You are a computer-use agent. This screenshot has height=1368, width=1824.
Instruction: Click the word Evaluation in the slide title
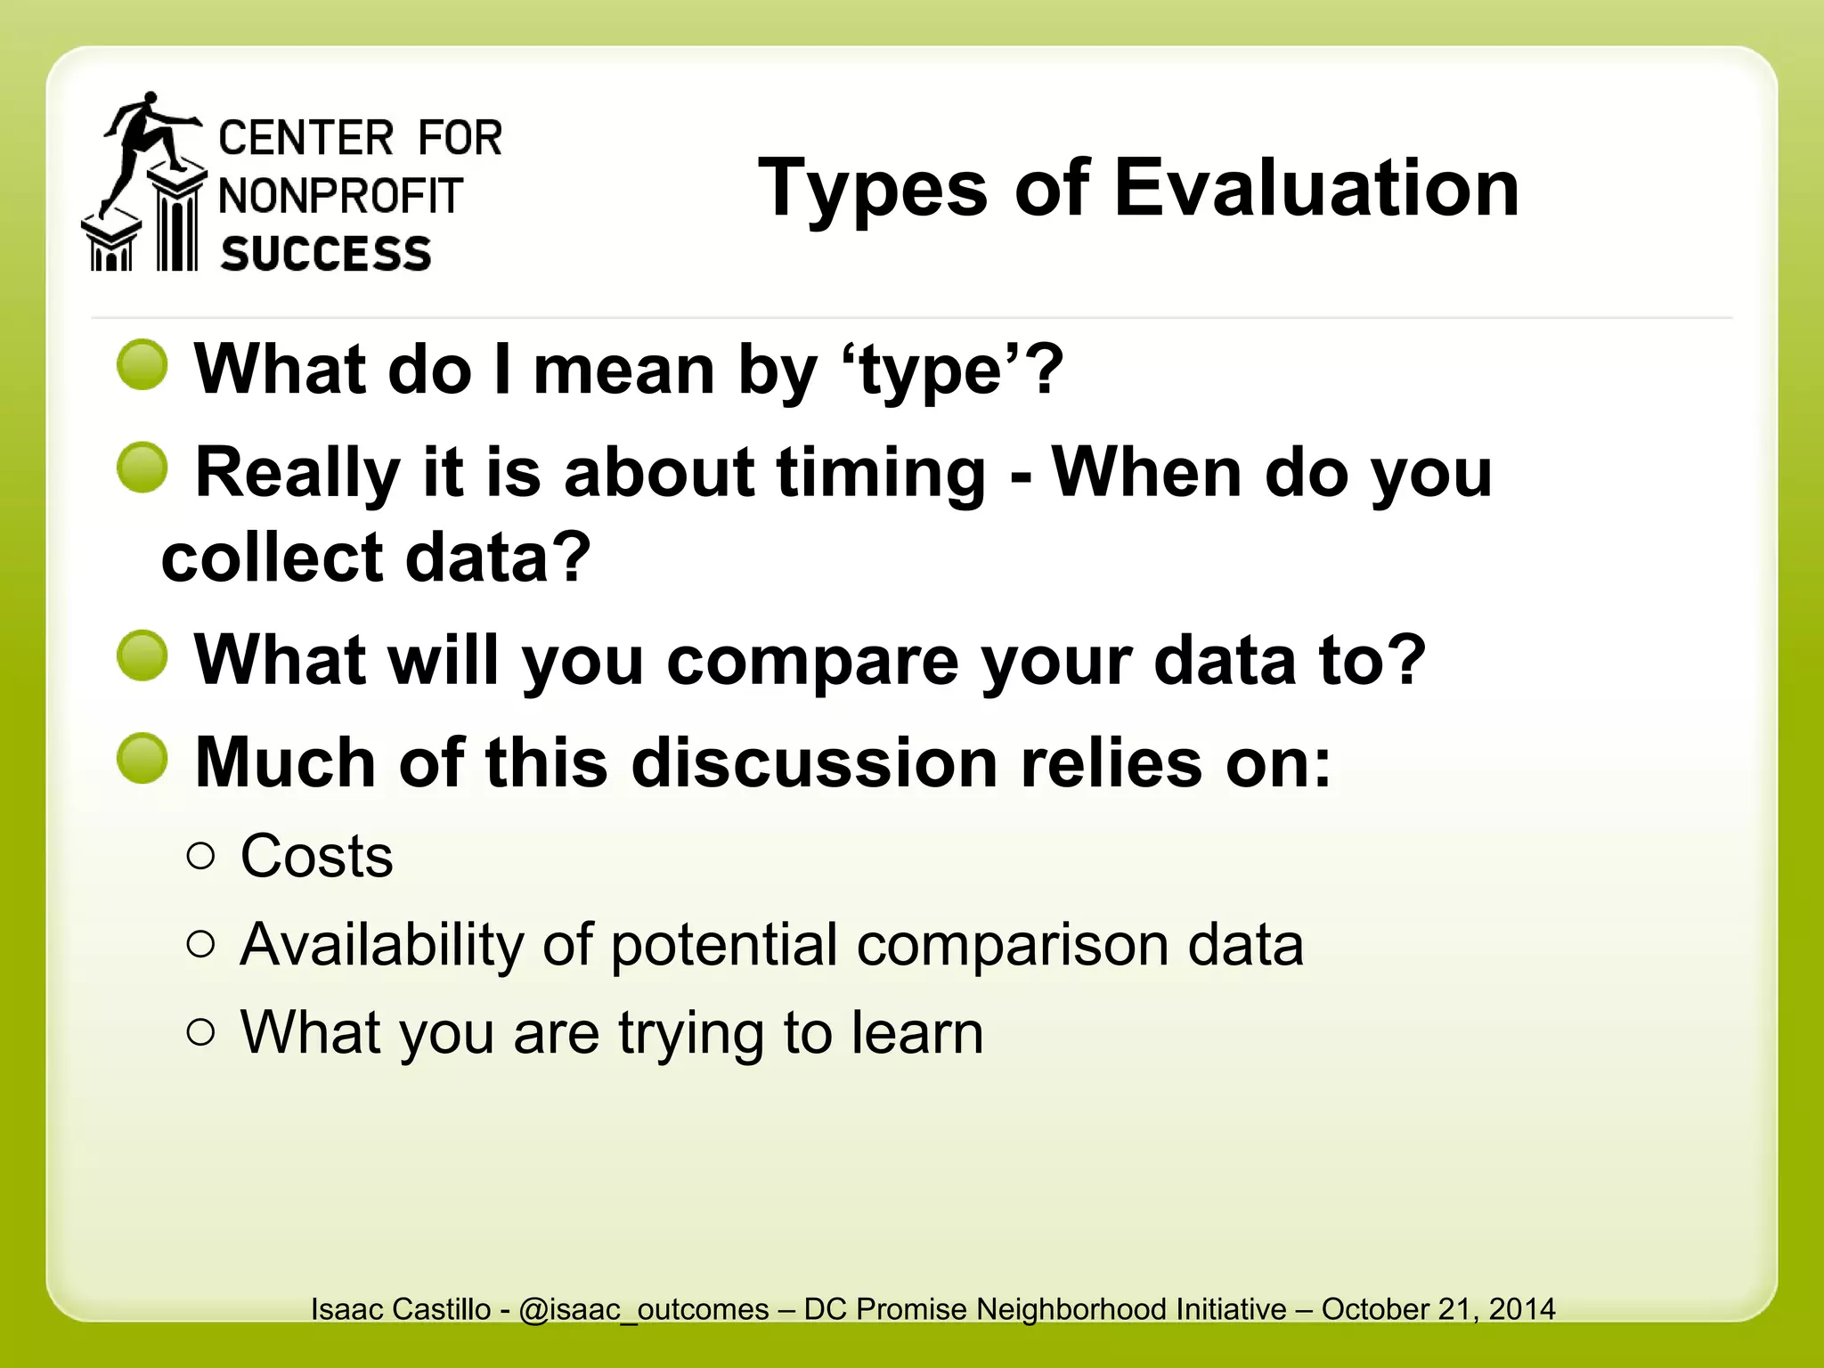[x=1315, y=188]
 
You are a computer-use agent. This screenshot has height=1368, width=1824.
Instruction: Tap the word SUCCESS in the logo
[x=326, y=255]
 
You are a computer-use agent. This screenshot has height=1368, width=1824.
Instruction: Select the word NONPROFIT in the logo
[x=340, y=196]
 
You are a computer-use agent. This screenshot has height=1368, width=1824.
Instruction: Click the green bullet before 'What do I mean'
[x=142, y=364]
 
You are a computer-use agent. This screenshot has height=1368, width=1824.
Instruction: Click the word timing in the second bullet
[x=881, y=474]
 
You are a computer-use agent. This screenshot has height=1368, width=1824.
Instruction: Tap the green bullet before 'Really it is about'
[x=142, y=468]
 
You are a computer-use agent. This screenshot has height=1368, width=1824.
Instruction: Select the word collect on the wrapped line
[x=272, y=558]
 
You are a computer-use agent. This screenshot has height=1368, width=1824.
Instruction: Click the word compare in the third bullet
[x=810, y=661]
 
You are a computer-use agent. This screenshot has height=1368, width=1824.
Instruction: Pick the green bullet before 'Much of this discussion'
[x=142, y=759]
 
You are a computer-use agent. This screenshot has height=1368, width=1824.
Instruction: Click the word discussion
[x=814, y=763]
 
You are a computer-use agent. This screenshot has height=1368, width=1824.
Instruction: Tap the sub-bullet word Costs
[x=316, y=857]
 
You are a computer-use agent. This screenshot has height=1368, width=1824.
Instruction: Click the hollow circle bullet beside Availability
[x=201, y=944]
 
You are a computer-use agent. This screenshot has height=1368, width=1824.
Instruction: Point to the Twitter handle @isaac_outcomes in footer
[x=643, y=1309]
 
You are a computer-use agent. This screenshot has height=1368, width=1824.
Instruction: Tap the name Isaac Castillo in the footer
[x=401, y=1309]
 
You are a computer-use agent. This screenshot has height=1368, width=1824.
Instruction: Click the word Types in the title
[x=872, y=188]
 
